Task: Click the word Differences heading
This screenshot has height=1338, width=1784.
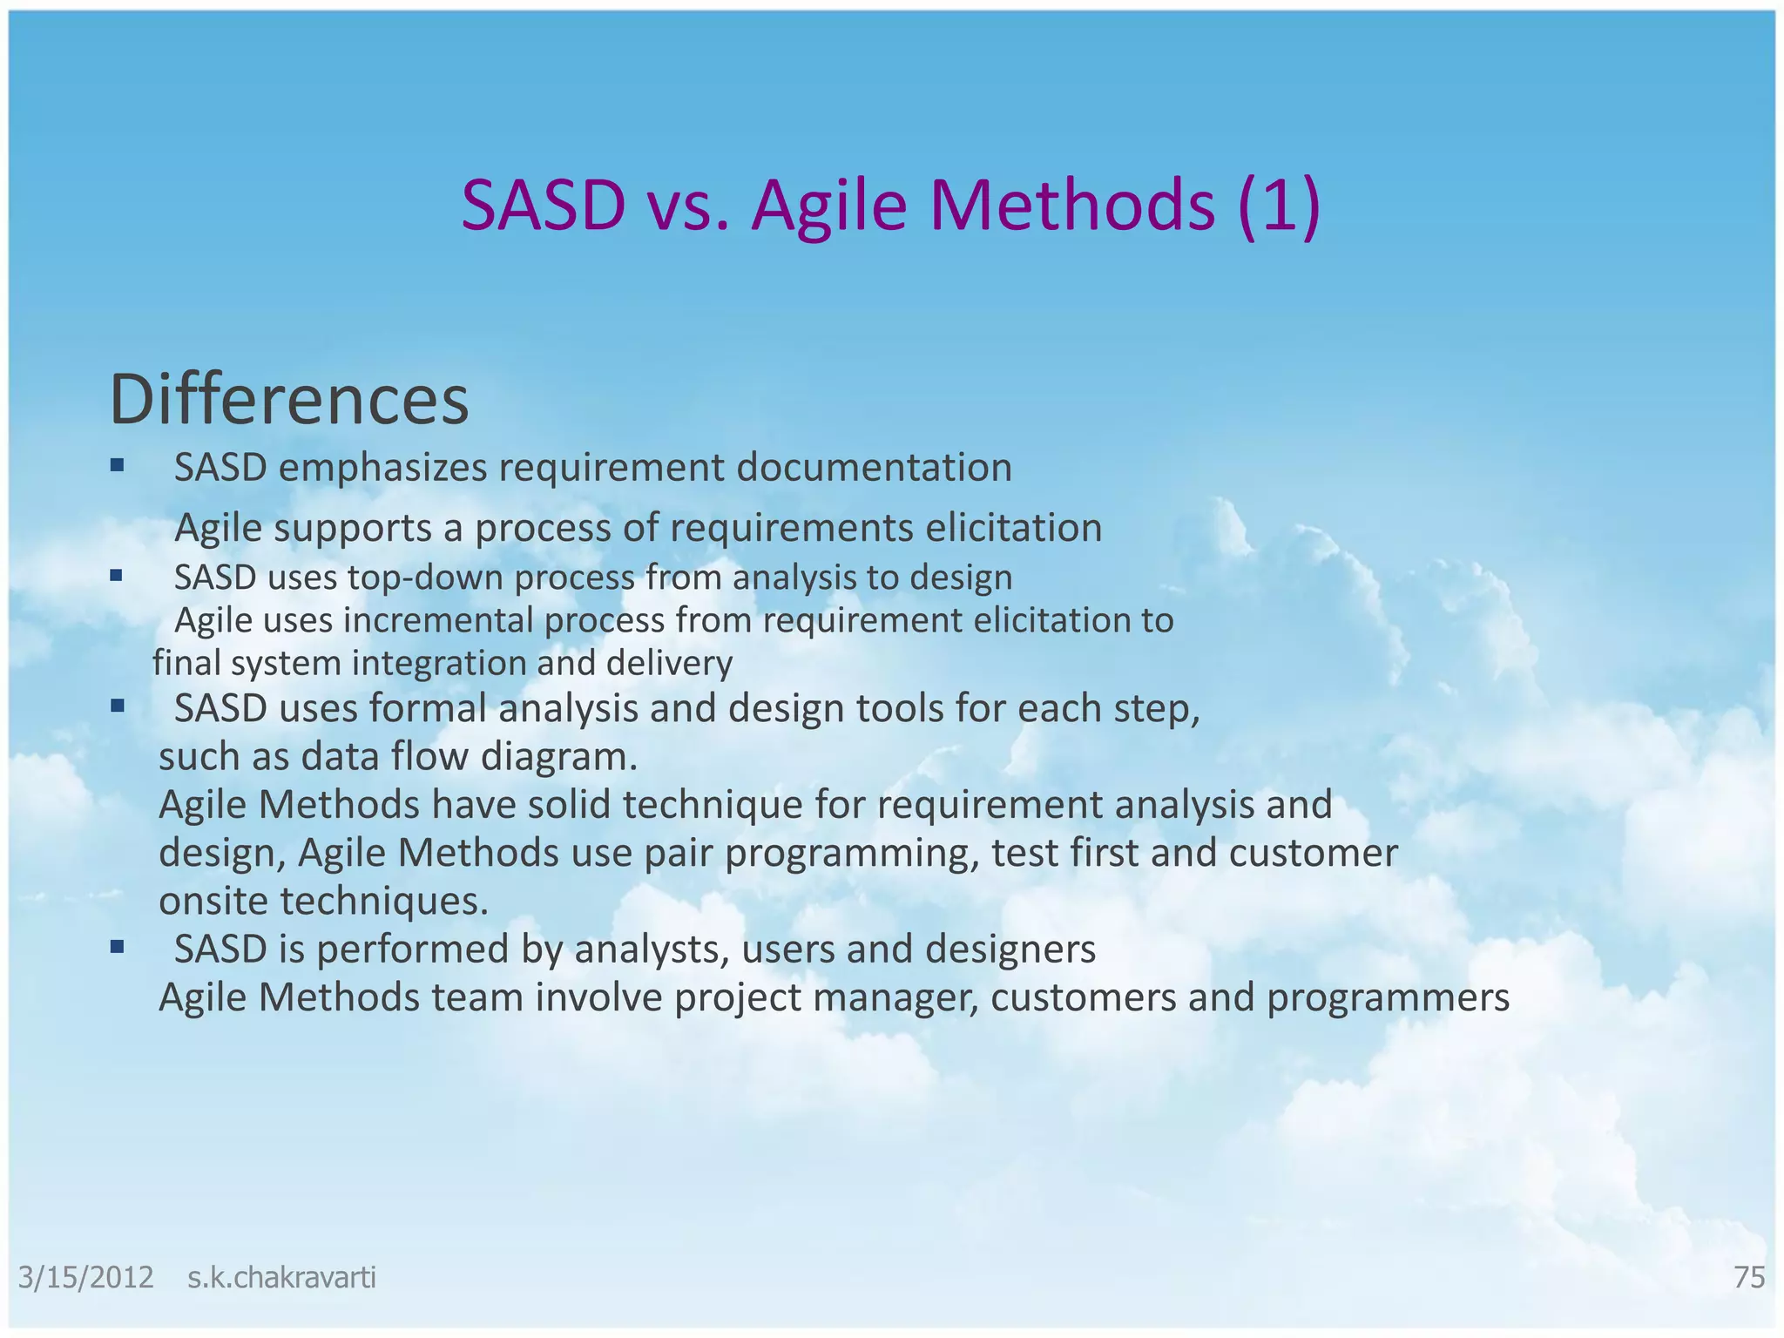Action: [x=288, y=400]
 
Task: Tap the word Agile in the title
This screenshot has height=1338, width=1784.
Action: [x=828, y=206]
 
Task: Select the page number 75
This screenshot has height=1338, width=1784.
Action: [x=1749, y=1277]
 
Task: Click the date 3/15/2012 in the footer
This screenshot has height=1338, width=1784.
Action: [x=86, y=1277]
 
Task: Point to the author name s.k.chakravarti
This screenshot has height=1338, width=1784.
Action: [x=281, y=1277]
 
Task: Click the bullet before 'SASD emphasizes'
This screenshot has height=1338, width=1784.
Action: [x=117, y=465]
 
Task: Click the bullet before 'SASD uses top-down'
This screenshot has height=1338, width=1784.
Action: [x=117, y=575]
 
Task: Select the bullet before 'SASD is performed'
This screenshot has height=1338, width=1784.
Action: [x=117, y=946]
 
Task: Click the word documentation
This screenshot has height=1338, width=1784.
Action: [x=874, y=468]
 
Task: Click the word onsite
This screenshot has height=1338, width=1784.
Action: [x=213, y=901]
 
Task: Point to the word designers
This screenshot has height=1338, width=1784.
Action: [x=1010, y=949]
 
